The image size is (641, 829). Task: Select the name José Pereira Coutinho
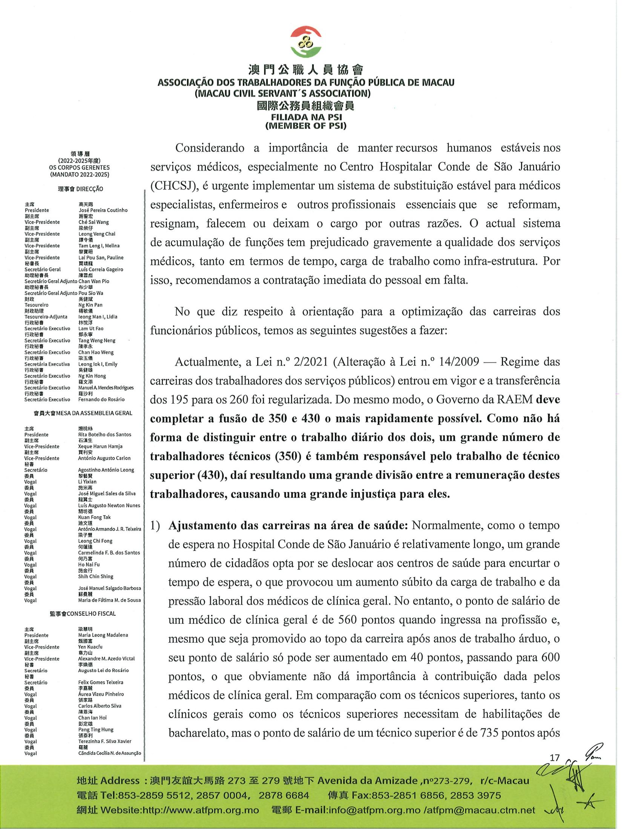point(103,210)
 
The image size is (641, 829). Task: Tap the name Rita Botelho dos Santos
point(104,434)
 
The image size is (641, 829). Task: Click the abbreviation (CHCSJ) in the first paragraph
point(170,186)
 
